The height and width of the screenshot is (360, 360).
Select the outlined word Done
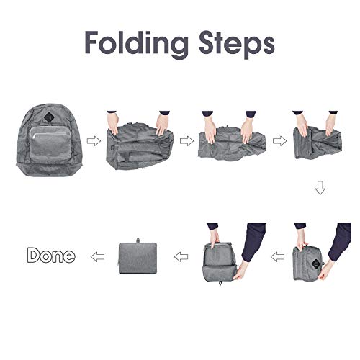pyautogui.click(x=50, y=255)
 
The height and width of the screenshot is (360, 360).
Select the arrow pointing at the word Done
pyautogui.click(x=95, y=255)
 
